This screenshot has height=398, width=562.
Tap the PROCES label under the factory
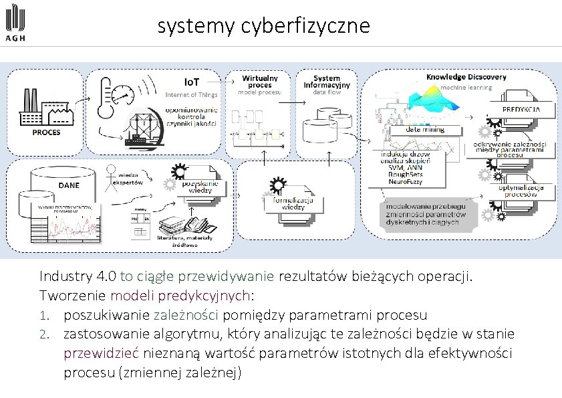click(x=46, y=132)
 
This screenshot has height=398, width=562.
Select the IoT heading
click(x=191, y=82)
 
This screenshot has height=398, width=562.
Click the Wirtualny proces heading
click(x=260, y=81)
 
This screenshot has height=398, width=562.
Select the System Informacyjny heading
click(x=321, y=82)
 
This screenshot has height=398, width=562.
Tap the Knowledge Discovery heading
click(x=466, y=77)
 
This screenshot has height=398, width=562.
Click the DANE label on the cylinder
click(x=68, y=185)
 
